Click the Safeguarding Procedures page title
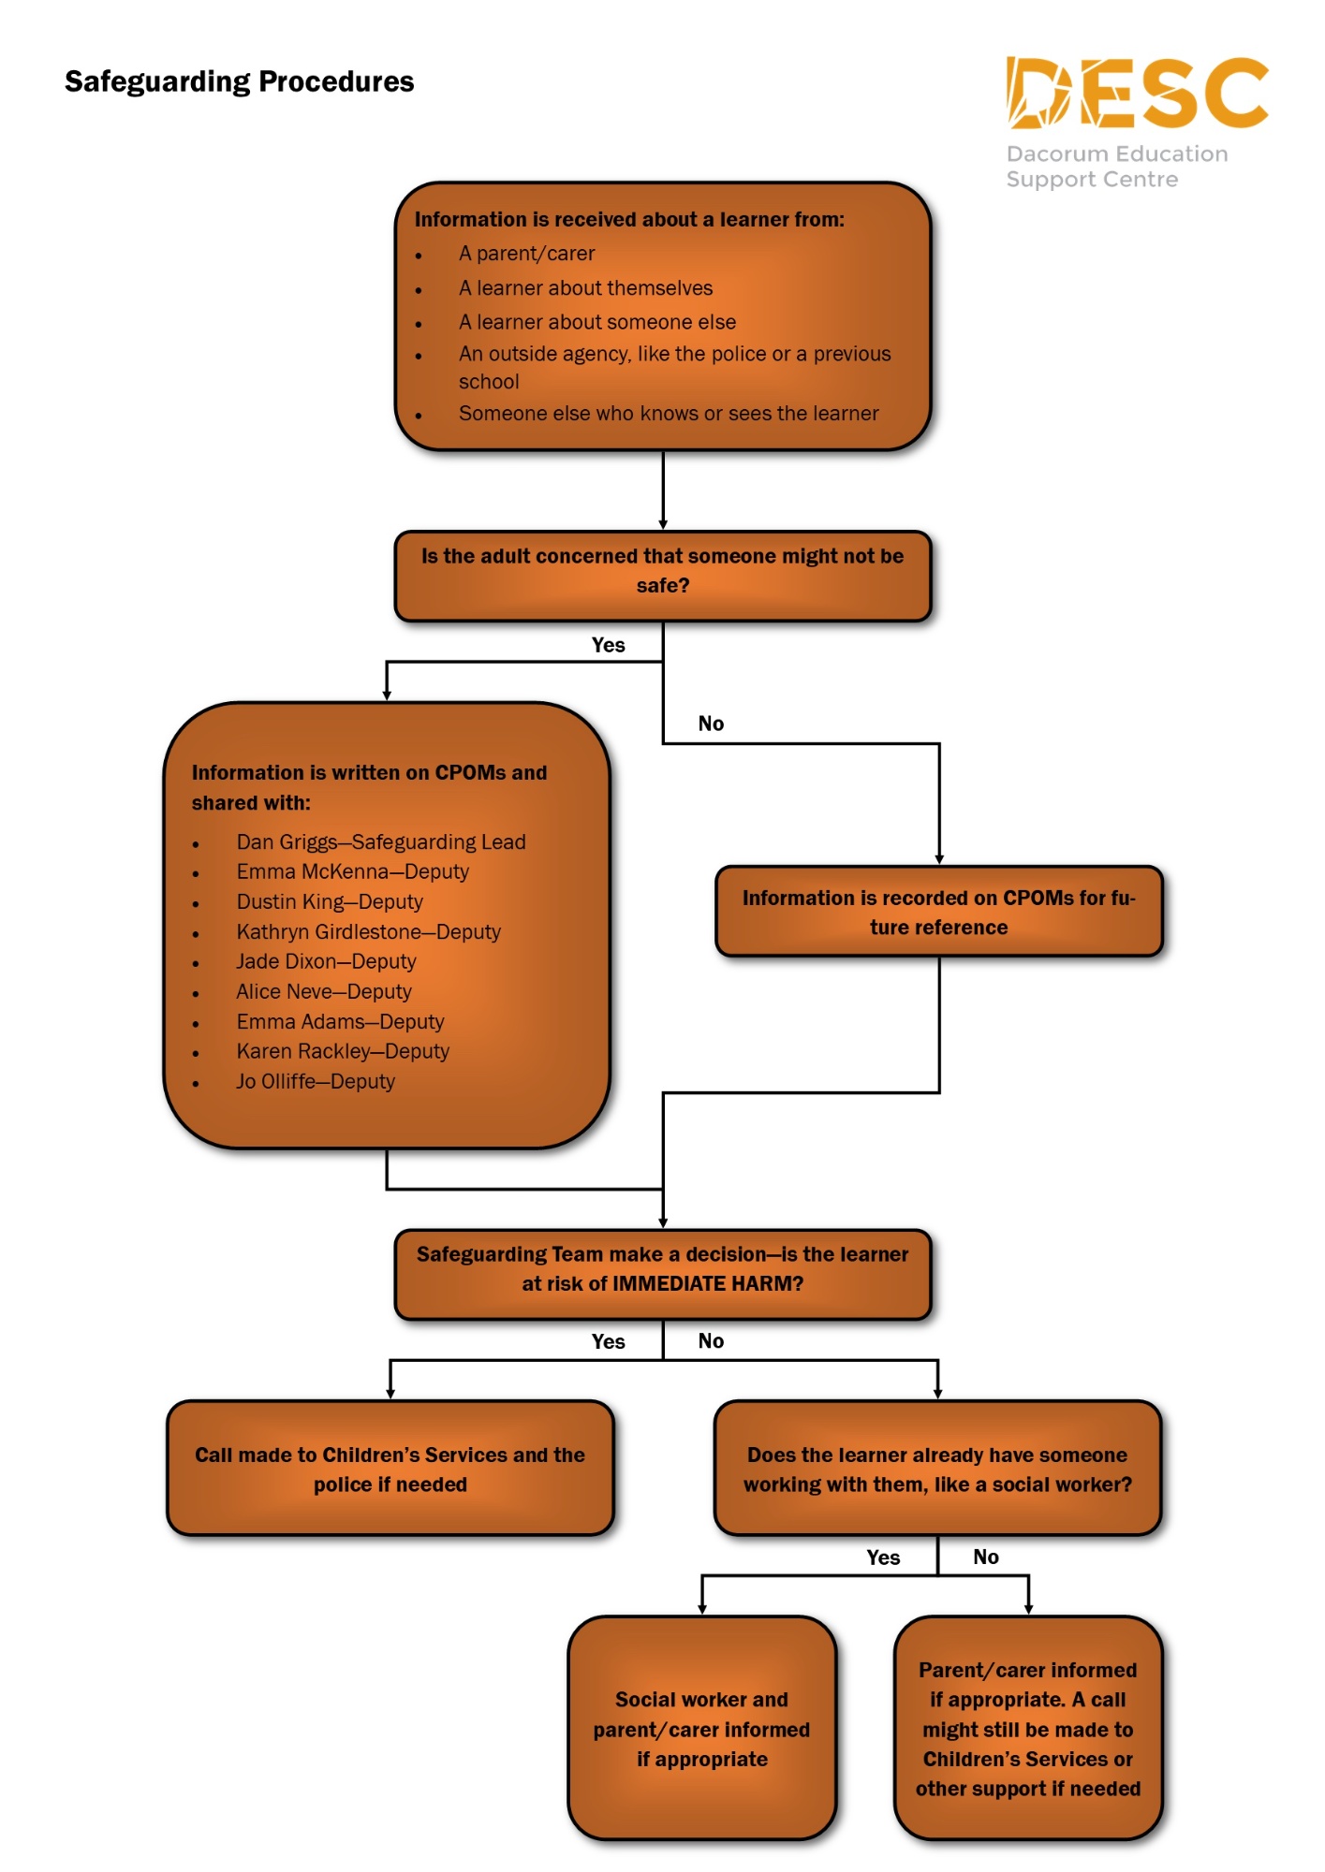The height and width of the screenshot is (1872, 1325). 239,82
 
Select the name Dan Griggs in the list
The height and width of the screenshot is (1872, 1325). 287,842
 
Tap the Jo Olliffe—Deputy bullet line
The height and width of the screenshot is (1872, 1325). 316,1082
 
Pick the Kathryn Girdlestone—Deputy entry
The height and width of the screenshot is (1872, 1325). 368,932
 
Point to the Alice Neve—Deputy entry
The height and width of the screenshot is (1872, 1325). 324,992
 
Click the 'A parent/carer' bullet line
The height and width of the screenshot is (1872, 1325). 526,254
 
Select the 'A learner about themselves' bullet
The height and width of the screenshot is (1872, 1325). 585,288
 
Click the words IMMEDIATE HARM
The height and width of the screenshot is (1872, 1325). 707,1284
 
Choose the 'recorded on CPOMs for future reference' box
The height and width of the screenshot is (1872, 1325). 938,912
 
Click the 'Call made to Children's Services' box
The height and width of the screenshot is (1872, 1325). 390,1469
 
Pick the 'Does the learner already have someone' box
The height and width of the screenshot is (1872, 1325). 937,1469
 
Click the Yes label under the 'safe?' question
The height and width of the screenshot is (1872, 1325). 609,645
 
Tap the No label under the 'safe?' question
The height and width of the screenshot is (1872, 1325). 711,724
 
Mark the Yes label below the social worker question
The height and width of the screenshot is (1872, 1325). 883,1558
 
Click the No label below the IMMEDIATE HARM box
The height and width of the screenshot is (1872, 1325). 711,1341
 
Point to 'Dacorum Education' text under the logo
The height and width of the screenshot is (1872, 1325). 1116,154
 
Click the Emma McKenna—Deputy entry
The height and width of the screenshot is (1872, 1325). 352,872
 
